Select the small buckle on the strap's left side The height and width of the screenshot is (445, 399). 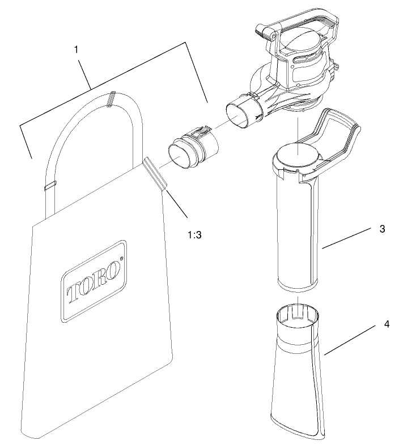[x=49, y=184]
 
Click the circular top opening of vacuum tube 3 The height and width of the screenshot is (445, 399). [x=298, y=153]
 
